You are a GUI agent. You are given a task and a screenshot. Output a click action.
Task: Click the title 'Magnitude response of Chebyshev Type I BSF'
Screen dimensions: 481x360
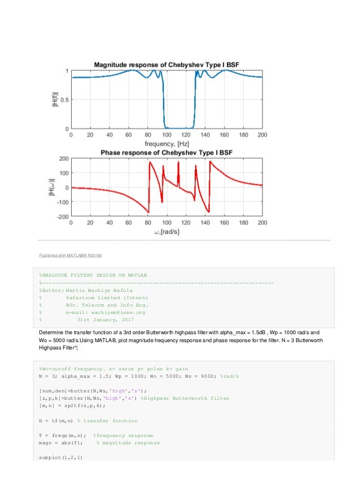(x=166, y=65)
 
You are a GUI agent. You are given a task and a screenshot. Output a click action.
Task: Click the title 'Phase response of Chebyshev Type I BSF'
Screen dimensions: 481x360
(x=166, y=153)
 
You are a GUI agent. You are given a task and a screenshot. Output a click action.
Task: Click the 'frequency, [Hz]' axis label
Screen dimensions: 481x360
(x=167, y=144)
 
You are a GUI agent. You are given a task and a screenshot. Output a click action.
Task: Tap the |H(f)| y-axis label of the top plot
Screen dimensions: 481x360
(x=55, y=99)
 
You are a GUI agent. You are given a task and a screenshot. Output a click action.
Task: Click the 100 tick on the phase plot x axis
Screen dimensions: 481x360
(x=166, y=224)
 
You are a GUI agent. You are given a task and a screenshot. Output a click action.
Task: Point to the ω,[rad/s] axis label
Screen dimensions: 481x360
(x=167, y=232)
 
